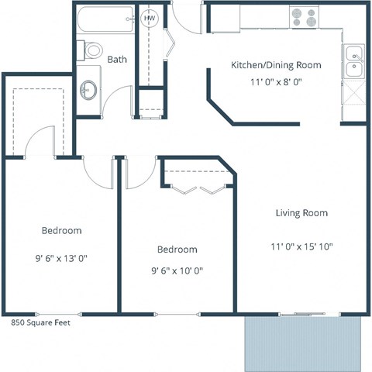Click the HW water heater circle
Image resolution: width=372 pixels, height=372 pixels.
pyautogui.click(x=150, y=18)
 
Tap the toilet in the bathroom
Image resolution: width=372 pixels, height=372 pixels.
pyautogui.click(x=92, y=50)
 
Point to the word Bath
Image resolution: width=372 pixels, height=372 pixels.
pyautogui.click(x=117, y=59)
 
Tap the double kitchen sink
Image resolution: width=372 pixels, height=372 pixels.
pyautogui.click(x=354, y=63)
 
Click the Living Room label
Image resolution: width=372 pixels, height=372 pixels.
pyautogui.click(x=301, y=212)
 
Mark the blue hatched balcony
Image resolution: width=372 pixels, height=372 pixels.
pyautogui.click(x=304, y=343)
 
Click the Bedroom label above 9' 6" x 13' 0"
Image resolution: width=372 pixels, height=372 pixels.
pyautogui.click(x=61, y=231)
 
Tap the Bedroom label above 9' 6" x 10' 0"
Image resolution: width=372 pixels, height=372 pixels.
pyautogui.click(x=177, y=250)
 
